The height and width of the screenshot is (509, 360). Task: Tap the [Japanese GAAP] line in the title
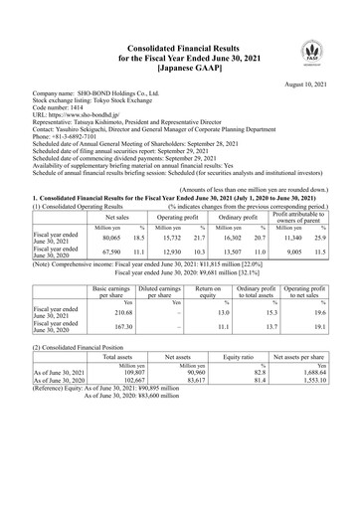(x=179, y=72)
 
